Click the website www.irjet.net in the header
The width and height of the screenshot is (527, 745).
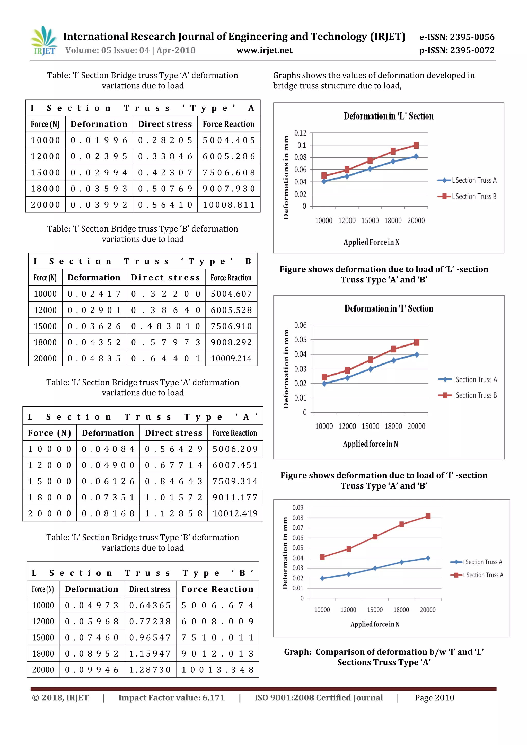coord(265,50)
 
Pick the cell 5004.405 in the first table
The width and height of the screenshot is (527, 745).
coord(229,140)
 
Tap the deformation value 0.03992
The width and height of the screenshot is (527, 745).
coord(99,205)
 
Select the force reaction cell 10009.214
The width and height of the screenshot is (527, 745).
coord(231,358)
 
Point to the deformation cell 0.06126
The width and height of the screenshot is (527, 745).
coord(108,481)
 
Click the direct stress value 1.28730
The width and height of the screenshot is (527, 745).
coord(150,669)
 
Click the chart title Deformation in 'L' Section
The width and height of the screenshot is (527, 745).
coord(389,116)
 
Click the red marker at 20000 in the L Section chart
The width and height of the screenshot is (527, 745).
coord(416,145)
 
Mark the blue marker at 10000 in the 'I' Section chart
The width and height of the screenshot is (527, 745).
coord(324,384)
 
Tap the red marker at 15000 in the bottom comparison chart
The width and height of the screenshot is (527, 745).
coord(375,537)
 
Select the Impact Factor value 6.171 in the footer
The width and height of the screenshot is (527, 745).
coord(171,698)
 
